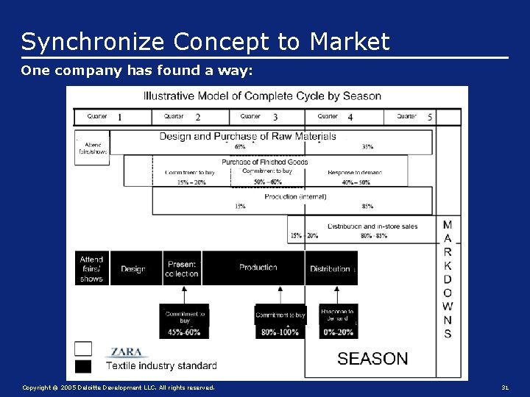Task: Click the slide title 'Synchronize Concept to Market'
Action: tap(205, 42)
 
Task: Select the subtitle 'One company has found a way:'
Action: tap(137, 71)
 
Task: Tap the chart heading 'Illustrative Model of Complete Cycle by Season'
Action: tap(262, 96)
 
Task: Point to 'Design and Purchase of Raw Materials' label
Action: tap(248, 136)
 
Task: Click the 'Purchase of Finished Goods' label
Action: tap(264, 162)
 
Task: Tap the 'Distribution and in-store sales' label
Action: tap(372, 226)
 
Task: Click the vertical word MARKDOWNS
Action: tap(448, 279)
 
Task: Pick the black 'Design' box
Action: tap(133, 269)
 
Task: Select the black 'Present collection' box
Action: tap(182, 269)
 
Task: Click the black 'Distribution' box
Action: tap(330, 268)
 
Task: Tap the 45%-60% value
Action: tap(184, 332)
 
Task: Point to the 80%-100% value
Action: tap(280, 332)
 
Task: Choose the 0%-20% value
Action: tap(338, 332)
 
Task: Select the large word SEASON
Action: tap(372, 359)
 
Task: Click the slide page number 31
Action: tap(505, 387)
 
